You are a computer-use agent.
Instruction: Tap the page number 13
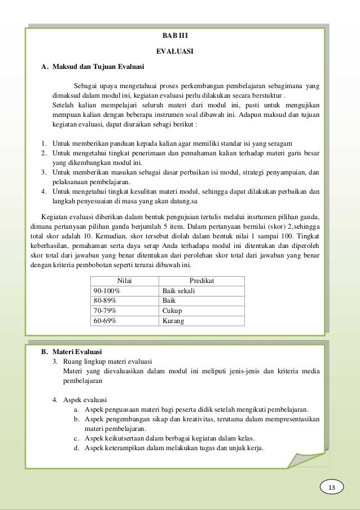click(x=331, y=487)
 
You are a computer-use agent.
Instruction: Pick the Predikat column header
click(x=202, y=281)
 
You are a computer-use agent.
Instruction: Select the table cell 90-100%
click(x=107, y=290)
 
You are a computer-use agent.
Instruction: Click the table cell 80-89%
click(x=105, y=300)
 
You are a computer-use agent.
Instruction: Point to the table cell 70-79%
click(x=105, y=311)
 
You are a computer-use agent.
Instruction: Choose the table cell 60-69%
click(x=105, y=321)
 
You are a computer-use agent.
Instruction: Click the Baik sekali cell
click(x=178, y=290)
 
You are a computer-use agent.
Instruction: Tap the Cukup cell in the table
click(x=172, y=311)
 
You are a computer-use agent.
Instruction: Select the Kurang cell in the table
click(x=173, y=321)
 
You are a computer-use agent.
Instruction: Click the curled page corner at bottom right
click(x=308, y=456)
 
